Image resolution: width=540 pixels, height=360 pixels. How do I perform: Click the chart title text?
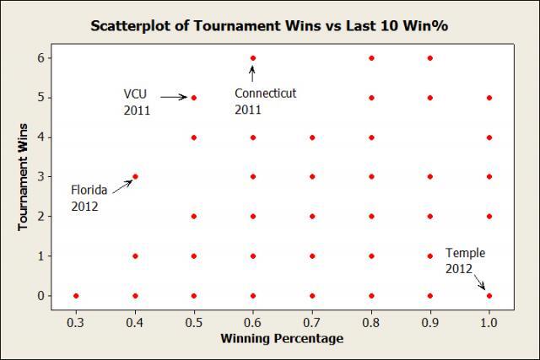click(x=269, y=25)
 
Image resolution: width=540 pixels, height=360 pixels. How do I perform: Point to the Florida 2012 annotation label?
click(x=89, y=198)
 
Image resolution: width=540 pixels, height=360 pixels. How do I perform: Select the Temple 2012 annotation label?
click(x=465, y=260)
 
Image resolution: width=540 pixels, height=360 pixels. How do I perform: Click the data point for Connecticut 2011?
click(x=253, y=57)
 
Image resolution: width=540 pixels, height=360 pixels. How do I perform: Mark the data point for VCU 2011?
click(x=194, y=97)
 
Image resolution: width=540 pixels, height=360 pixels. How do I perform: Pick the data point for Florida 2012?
click(x=135, y=176)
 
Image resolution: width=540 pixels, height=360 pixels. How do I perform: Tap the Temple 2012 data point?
click(x=489, y=296)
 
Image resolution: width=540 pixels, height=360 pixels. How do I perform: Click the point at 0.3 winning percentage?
click(x=76, y=296)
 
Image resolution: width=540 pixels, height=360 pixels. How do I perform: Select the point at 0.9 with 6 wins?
click(x=430, y=57)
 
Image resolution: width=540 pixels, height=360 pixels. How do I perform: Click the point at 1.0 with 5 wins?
click(x=489, y=97)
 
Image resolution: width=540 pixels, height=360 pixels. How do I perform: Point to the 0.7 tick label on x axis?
click(x=312, y=320)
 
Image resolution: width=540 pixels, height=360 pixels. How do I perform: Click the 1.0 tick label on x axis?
click(x=489, y=320)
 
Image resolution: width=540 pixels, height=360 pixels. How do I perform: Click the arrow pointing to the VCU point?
click(x=174, y=97)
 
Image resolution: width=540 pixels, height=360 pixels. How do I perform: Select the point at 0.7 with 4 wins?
click(x=312, y=137)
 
